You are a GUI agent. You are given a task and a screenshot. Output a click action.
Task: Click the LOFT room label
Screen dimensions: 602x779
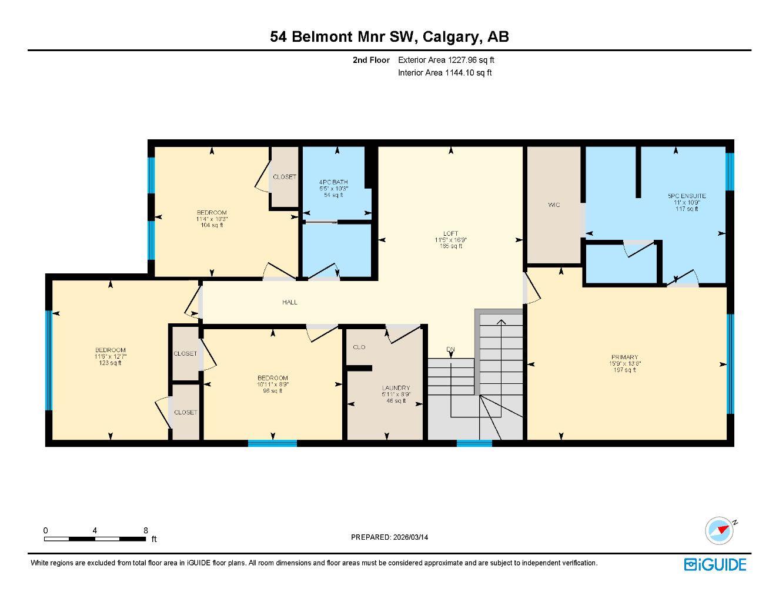pos(451,233)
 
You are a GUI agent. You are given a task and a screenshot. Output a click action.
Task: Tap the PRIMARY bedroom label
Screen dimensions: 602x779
pos(624,357)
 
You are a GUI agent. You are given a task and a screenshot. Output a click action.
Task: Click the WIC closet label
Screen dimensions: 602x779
pos(554,205)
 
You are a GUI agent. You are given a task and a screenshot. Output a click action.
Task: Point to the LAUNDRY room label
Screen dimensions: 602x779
pos(396,388)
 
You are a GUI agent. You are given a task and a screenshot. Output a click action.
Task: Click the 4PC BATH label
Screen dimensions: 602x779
pos(333,182)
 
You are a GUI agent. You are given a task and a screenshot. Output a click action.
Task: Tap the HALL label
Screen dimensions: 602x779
pos(289,302)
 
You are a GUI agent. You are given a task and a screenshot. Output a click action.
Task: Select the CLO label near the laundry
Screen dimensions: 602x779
pos(359,347)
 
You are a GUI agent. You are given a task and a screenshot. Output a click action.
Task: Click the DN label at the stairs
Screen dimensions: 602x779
pos(450,349)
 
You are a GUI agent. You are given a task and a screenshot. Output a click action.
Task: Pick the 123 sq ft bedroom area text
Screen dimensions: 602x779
pos(110,363)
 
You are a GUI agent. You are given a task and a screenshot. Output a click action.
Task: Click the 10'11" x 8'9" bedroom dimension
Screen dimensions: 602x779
pos(273,384)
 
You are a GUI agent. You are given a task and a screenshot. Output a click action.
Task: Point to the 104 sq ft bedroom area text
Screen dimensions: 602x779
pos(212,225)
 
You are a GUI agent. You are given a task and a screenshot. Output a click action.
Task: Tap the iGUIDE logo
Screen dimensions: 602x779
pos(715,564)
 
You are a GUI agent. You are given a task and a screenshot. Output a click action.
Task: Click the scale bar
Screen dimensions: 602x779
pos(95,538)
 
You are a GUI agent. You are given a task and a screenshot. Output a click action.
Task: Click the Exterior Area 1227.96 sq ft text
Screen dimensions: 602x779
pos(446,60)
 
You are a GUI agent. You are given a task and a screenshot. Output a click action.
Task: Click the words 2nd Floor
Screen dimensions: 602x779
pos(371,60)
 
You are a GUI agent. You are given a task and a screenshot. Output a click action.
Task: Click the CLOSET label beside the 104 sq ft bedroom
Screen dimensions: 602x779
pos(285,177)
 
